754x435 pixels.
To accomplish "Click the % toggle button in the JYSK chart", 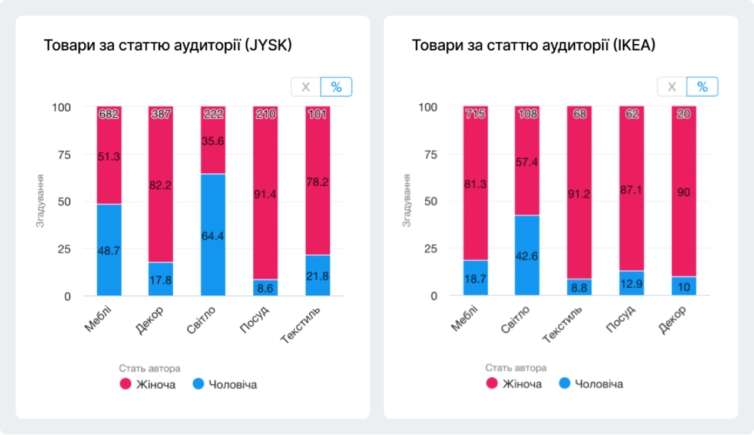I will tap(336, 87).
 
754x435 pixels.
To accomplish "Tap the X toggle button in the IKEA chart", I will tap(672, 87).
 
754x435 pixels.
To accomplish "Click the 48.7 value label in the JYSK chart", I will tap(109, 251).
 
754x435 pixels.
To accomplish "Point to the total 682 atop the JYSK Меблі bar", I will tap(109, 114).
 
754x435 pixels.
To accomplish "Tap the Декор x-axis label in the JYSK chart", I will tap(150, 319).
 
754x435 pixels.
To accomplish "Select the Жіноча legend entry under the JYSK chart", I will tap(148, 385).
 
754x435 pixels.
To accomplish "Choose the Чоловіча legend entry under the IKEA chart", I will tap(590, 384).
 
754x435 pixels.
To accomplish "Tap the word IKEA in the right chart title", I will tap(633, 45).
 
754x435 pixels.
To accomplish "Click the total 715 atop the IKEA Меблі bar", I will tap(475, 114).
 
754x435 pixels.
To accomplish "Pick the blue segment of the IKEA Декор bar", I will tap(684, 286).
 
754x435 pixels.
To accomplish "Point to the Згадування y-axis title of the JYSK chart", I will tap(41, 201).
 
